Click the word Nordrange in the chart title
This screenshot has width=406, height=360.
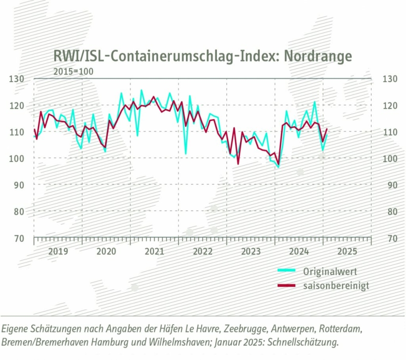[318, 56]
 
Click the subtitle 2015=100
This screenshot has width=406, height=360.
[73, 72]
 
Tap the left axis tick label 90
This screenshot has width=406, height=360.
[19, 185]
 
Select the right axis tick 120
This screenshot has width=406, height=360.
[390, 105]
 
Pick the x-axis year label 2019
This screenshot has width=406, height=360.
[58, 252]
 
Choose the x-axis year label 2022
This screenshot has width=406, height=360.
[203, 252]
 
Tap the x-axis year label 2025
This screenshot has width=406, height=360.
[347, 252]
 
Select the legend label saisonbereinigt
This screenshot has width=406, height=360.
[336, 285]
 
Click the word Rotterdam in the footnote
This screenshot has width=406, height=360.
[339, 329]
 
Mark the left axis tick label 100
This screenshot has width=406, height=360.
[17, 158]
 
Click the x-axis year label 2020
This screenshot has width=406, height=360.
[106, 252]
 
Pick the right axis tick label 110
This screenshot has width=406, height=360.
[390, 132]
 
